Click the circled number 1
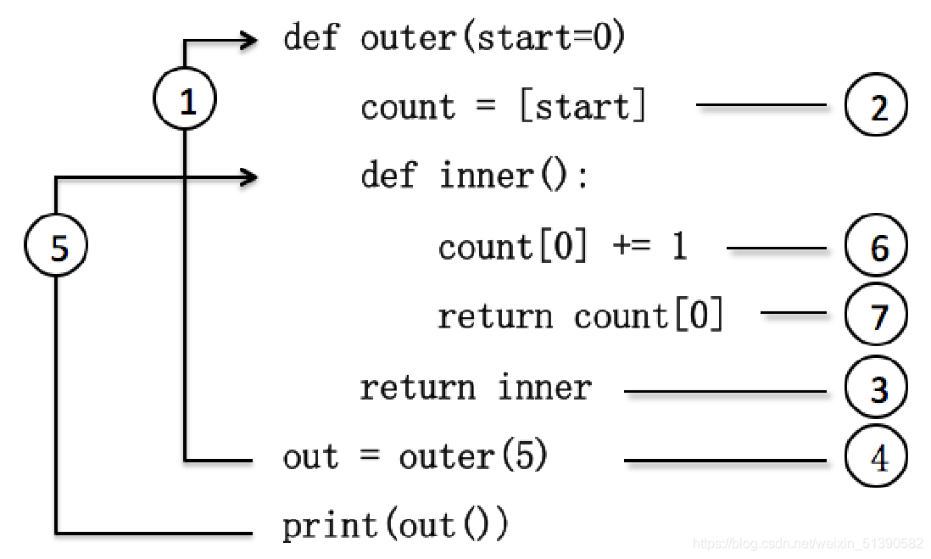point(185,98)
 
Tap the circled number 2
point(876,105)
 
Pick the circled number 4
point(876,456)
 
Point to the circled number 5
point(56,245)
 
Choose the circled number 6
point(876,245)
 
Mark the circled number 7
point(876,314)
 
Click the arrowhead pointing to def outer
point(249,41)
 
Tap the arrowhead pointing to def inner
point(249,177)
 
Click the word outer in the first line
point(408,39)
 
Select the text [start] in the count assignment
point(583,106)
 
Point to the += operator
point(632,245)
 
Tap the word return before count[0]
point(495,316)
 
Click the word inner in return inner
point(544,387)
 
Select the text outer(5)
point(473,456)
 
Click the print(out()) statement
point(395,525)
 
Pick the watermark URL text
point(807,543)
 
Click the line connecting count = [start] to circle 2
point(761,105)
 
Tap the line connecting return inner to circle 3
point(725,392)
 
